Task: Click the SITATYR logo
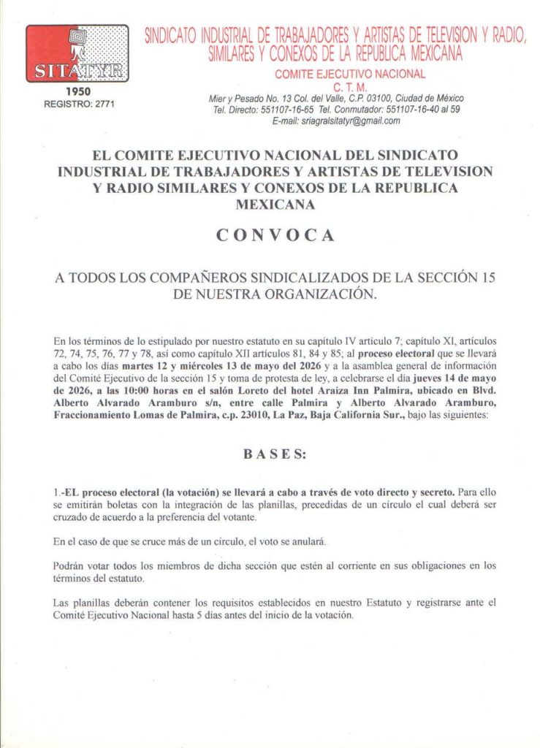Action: (x=77, y=53)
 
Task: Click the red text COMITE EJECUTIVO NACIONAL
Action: (x=349, y=74)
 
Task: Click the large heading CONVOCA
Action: (x=275, y=236)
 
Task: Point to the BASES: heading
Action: (x=275, y=454)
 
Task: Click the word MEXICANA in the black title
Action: (x=275, y=205)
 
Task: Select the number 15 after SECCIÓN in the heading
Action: (x=481, y=278)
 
